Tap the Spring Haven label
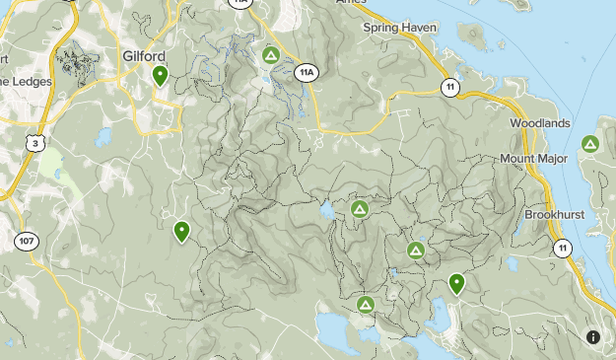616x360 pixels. coord(400,28)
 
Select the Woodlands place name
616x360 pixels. coord(540,123)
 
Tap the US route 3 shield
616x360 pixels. coord(36,143)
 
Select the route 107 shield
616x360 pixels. coord(26,240)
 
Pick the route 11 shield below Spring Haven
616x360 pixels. coord(450,88)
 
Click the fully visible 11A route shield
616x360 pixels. coord(307,72)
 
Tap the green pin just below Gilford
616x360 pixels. coord(160,75)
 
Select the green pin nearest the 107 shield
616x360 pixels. coord(181,231)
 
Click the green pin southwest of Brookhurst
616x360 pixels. coord(456,283)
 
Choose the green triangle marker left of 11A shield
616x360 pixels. coord(271,54)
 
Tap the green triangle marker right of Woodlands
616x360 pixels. coord(590,144)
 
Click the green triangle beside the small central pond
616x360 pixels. coord(360,210)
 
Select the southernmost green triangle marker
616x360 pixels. coord(366,305)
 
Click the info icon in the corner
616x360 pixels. coord(593,337)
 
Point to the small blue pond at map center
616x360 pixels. coord(325,211)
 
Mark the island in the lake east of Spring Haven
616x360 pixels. coord(472,36)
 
